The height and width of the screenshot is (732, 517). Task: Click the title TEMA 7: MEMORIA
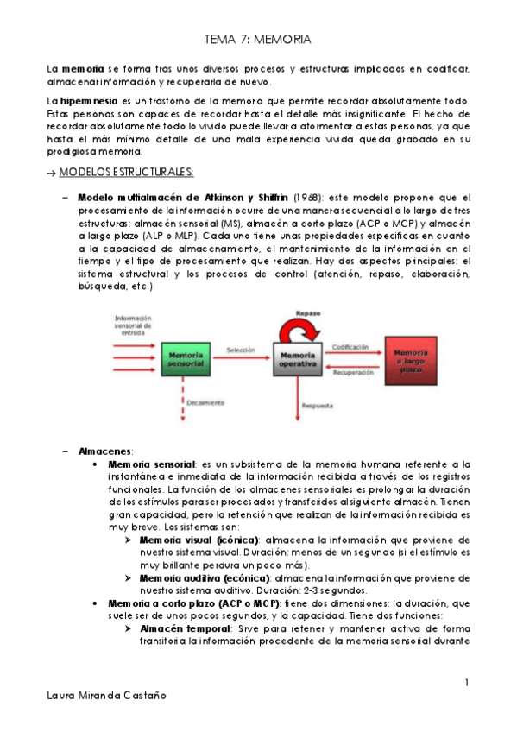258,40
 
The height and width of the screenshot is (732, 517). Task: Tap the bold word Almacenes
104,451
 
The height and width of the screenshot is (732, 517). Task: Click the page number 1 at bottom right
465,683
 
